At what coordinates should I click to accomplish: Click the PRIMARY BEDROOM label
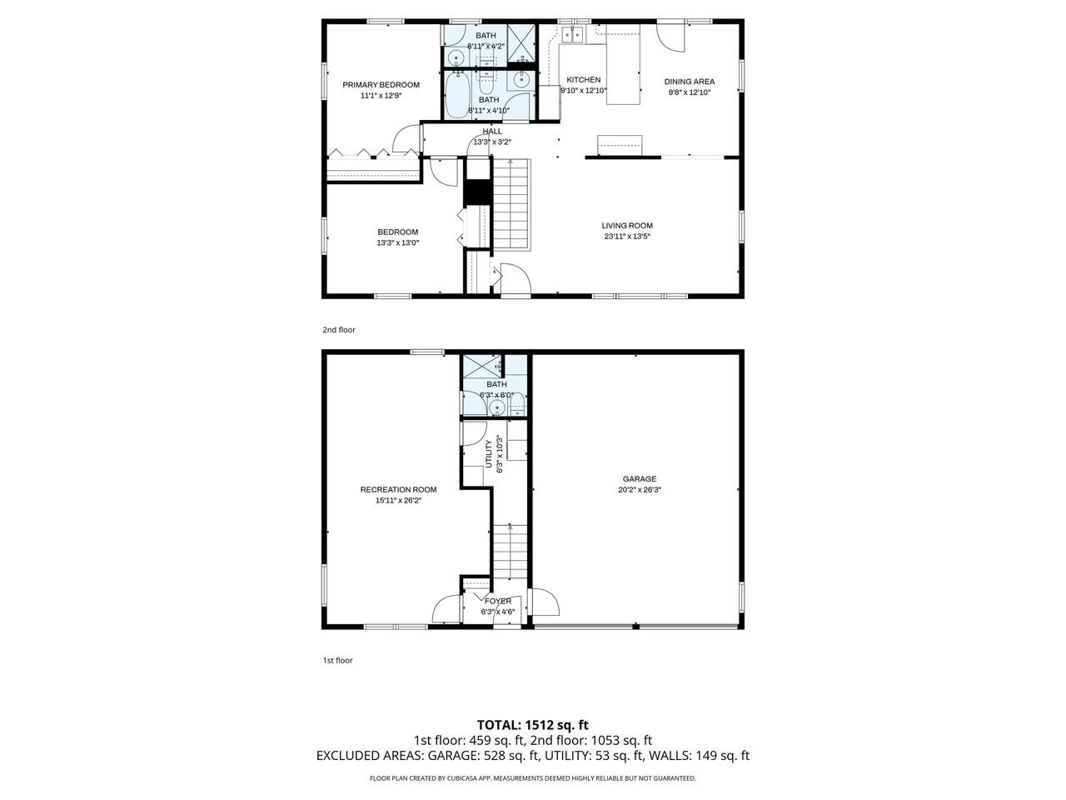[381, 85]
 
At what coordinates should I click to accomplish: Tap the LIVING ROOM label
[627, 225]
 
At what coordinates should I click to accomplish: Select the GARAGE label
[639, 479]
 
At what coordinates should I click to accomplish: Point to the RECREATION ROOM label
[398, 490]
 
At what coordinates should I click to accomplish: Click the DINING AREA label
[689, 82]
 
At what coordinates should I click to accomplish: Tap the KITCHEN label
[583, 80]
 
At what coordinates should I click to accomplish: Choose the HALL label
[492, 131]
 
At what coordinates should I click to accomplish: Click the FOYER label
[498, 602]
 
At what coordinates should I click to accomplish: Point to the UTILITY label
[489, 453]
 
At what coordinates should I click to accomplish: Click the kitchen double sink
[573, 34]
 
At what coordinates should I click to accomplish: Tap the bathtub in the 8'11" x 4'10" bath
[456, 95]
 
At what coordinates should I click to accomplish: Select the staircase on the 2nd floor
[511, 204]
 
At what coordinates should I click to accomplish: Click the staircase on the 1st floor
[510, 552]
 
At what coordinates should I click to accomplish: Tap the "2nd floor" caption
[339, 330]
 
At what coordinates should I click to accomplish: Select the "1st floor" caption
[337, 661]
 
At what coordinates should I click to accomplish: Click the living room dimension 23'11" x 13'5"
[627, 237]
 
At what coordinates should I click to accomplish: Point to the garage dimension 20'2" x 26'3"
[640, 490]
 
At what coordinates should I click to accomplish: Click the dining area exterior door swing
[670, 37]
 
